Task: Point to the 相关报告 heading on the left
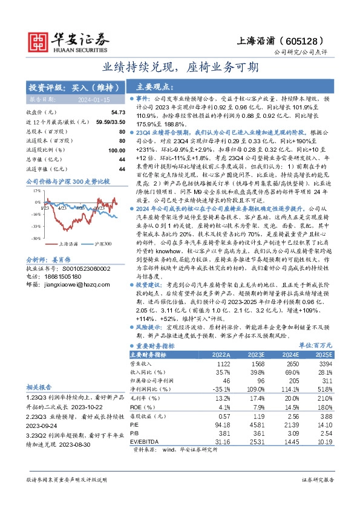click(39, 386)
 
